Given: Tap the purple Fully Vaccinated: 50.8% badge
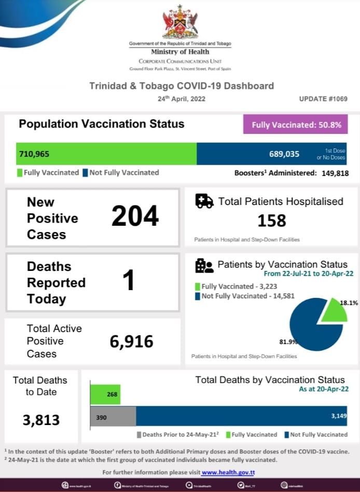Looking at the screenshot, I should pos(296,125).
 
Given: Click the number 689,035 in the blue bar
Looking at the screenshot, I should pos(284,154).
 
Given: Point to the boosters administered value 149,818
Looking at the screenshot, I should pos(333,173).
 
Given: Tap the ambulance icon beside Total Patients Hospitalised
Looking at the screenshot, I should pos(204,201).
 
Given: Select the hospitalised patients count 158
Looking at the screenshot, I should pos(272,221).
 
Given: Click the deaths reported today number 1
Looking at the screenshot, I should pos(128,281).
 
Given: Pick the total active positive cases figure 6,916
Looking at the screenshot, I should pos(131,341).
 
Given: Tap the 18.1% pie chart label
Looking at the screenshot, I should pos(349,303).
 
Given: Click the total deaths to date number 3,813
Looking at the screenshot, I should pos(41,419).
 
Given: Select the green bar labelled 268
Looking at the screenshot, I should pos(105,394).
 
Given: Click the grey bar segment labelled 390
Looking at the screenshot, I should pos(113,417).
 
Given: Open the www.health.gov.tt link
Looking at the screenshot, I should pos(228,472).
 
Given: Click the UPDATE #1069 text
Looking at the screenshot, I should pos(323,99).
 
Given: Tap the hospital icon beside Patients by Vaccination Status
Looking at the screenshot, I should pos(204,265).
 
